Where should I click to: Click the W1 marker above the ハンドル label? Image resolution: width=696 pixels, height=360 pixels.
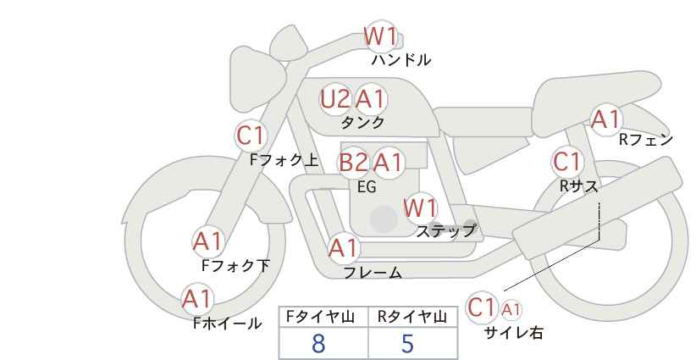(x=380, y=36)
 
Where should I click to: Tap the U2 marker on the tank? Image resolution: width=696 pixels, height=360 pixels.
(x=335, y=98)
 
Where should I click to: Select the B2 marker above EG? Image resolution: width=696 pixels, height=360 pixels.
(x=354, y=163)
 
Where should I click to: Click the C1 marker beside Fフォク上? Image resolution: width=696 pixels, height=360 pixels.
(x=251, y=136)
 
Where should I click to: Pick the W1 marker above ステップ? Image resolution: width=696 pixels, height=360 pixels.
(x=420, y=208)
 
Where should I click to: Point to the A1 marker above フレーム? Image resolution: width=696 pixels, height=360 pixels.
(x=344, y=248)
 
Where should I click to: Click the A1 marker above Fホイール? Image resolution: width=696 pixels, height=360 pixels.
(x=197, y=299)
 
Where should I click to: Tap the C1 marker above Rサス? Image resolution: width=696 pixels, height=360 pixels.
(x=566, y=162)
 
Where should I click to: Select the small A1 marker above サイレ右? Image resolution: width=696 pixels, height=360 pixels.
(x=511, y=310)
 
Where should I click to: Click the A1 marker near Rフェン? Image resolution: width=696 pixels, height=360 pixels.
(x=606, y=119)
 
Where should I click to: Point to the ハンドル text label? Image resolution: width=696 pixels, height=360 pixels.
(x=401, y=60)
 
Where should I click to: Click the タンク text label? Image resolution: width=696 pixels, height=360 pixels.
(x=362, y=123)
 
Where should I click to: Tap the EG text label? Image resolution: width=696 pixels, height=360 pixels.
(x=367, y=187)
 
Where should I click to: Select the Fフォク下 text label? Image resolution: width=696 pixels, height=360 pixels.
(x=235, y=266)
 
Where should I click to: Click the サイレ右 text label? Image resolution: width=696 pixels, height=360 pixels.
(x=514, y=333)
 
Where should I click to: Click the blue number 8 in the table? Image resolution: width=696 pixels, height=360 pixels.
(x=318, y=344)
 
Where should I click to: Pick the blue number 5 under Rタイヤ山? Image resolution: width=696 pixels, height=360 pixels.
(x=407, y=344)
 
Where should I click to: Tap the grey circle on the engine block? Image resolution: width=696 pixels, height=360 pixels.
(x=384, y=219)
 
